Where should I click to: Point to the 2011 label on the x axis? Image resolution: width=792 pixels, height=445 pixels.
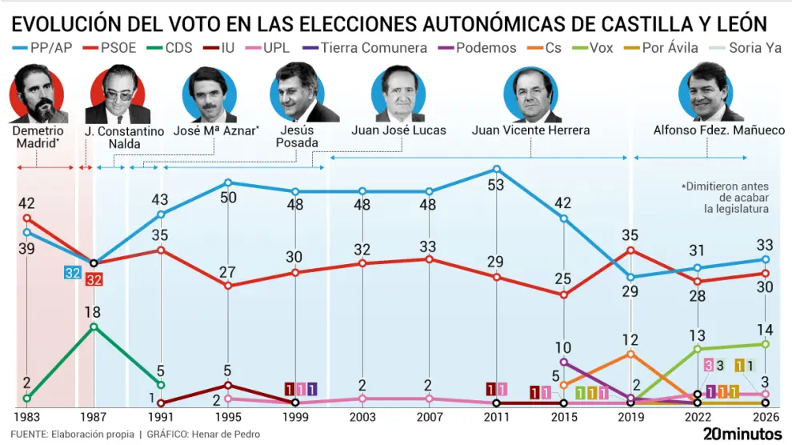point(497,417)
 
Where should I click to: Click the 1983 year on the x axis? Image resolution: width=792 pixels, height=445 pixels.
point(27,417)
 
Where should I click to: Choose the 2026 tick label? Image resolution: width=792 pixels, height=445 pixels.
point(766,417)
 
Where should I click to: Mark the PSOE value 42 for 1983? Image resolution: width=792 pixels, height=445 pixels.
point(27,202)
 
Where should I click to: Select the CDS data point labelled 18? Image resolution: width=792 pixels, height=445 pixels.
point(94,327)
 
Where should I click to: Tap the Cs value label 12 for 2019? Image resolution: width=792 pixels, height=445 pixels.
point(631,339)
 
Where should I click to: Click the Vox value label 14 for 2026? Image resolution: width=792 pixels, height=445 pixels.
point(766,328)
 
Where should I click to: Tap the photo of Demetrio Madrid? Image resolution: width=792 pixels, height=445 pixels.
point(38,94)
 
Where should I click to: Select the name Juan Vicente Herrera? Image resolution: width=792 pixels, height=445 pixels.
point(530,130)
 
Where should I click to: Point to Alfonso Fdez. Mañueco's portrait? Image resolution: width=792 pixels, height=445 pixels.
point(707,92)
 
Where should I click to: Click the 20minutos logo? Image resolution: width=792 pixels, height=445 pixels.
point(743,434)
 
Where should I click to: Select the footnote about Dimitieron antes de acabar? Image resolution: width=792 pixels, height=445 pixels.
point(725,197)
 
